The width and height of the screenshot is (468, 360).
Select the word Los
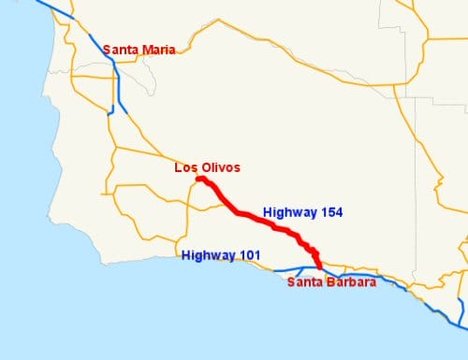pos(185,167)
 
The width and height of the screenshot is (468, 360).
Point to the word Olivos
pos(220,167)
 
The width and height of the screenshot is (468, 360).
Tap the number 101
pos(250,255)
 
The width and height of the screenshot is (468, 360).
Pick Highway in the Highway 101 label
pos(208,255)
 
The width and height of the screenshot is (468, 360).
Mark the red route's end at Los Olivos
pos(199,179)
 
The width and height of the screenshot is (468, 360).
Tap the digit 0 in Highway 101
pos(250,255)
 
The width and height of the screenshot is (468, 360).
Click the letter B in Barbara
pos(330,282)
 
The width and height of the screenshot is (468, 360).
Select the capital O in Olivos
pos(204,167)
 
